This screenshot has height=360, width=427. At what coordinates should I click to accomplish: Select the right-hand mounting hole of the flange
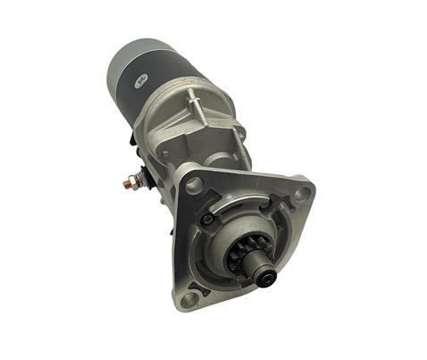coord(303,191)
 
